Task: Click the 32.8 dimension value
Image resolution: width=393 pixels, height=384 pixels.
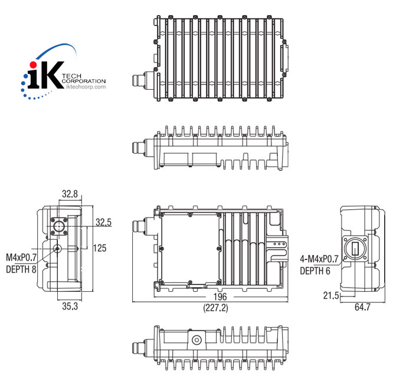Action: click(x=70, y=194)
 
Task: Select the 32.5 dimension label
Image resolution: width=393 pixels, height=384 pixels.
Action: click(x=104, y=223)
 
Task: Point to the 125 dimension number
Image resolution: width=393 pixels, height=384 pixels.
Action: click(x=99, y=248)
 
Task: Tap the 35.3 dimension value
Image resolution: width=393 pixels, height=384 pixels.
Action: click(x=70, y=306)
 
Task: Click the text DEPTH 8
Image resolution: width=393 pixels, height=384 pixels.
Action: click(x=21, y=269)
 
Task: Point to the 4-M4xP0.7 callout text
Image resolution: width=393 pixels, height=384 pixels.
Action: click(x=319, y=259)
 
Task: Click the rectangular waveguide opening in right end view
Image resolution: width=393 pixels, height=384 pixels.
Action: click(x=356, y=249)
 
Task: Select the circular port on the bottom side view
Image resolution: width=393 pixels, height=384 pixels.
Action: click(x=195, y=340)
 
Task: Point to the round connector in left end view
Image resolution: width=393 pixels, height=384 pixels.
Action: click(x=59, y=226)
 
